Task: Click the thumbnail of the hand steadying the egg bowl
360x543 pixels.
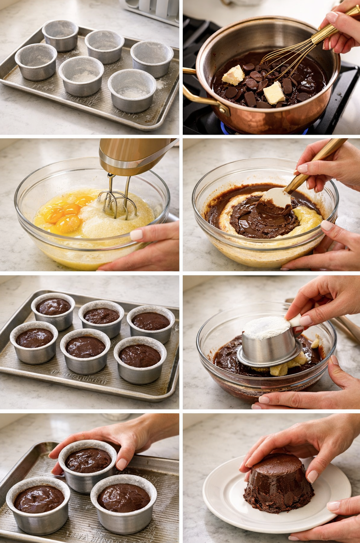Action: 136,235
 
